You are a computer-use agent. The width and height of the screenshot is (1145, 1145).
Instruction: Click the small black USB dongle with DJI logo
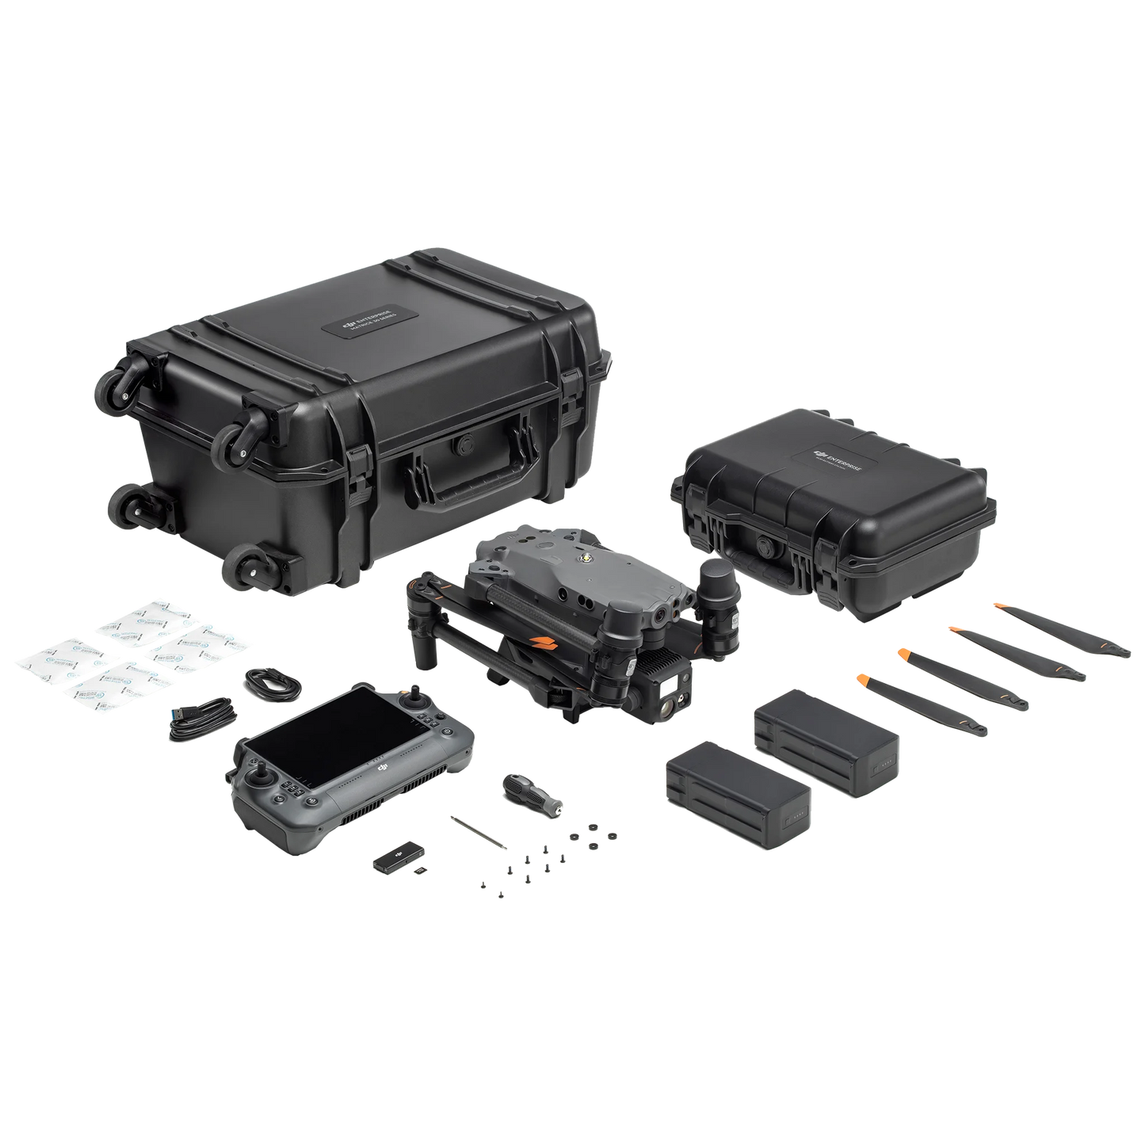tap(393, 857)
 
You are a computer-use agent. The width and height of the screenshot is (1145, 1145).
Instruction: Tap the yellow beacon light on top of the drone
tap(587, 559)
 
